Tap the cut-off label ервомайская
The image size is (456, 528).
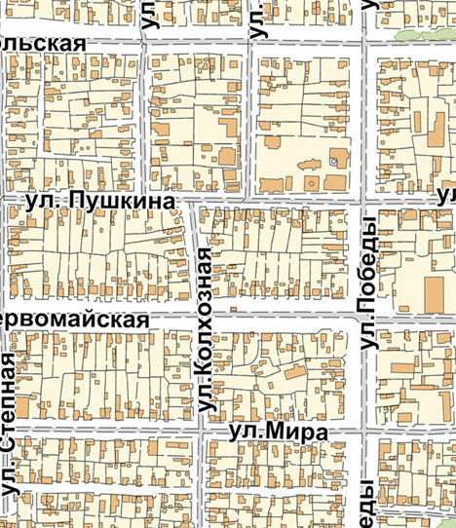74,321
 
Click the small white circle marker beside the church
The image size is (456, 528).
334,161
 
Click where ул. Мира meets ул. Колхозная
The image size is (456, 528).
204,430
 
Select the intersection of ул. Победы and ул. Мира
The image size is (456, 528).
367,431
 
